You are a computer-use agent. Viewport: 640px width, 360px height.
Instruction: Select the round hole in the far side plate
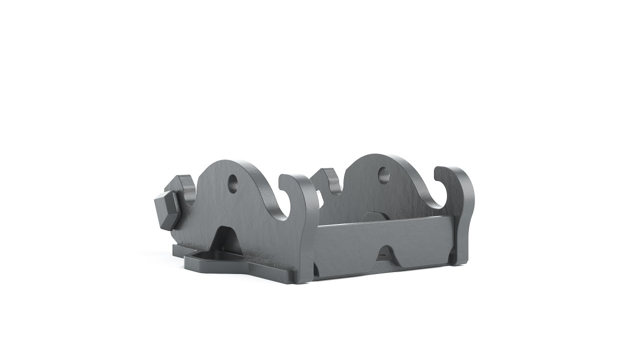coord(383,174)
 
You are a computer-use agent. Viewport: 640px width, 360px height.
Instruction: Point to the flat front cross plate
coord(350,245)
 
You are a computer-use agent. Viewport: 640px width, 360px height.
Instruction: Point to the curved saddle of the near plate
coord(280,212)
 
